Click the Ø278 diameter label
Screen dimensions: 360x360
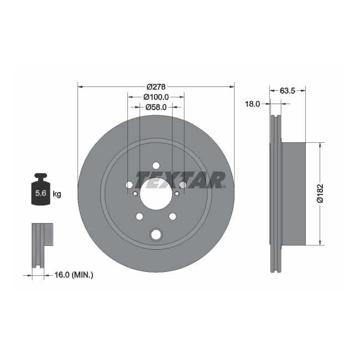point(156,86)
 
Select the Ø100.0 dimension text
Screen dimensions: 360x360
point(156,96)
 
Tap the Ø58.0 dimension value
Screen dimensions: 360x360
point(156,107)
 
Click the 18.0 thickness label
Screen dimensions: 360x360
point(253,104)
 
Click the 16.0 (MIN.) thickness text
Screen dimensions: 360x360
point(74,274)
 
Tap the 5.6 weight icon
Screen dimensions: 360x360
point(40,192)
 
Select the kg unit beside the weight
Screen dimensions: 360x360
point(56,194)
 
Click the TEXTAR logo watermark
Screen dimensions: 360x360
point(181,180)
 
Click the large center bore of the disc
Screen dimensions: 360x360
point(156,193)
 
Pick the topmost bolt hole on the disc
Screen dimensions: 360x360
point(156,166)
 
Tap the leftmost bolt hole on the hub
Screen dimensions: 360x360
point(129,185)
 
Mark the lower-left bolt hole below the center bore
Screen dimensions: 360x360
point(140,216)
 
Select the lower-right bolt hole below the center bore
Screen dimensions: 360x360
point(172,216)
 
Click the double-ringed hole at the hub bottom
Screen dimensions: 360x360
point(156,235)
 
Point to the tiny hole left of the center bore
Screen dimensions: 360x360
point(135,193)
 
